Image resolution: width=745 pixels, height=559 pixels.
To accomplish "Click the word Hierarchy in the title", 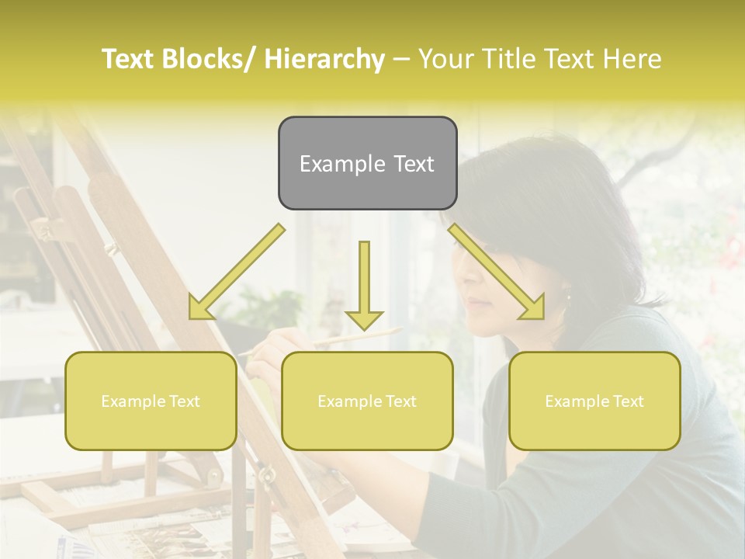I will click(x=324, y=59).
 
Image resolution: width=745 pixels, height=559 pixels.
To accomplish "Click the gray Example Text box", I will click(x=367, y=163).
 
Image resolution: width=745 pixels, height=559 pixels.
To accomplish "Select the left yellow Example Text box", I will click(x=151, y=401).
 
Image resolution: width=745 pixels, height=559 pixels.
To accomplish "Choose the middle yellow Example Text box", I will click(x=367, y=401).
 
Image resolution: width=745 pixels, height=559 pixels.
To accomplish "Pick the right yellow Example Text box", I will click(x=594, y=401).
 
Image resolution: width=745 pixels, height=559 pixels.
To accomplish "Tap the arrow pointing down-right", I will click(x=497, y=271).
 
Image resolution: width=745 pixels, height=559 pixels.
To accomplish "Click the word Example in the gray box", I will click(x=342, y=164).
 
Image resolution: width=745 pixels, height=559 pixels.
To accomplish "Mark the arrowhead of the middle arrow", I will click(x=364, y=318).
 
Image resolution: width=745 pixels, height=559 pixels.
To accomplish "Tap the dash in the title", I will click(x=401, y=59).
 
